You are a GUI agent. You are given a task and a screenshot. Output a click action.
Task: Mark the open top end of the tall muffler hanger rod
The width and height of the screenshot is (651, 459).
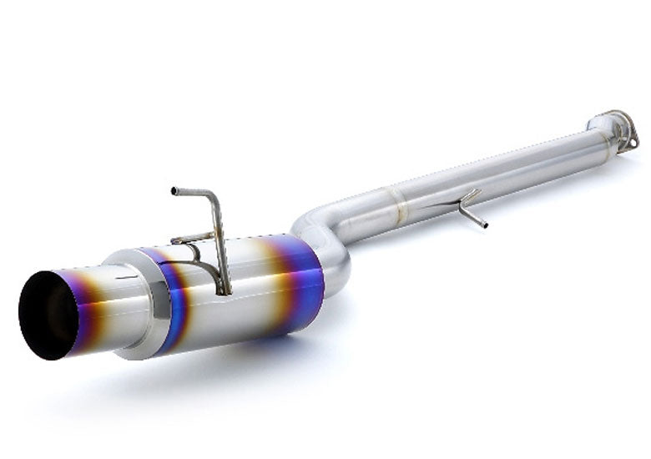click(x=174, y=190)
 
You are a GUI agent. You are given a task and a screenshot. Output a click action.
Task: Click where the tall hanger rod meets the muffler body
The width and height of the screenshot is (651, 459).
click(x=224, y=290)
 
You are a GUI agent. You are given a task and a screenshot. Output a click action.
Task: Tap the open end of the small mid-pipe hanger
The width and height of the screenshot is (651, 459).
click(x=485, y=224)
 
